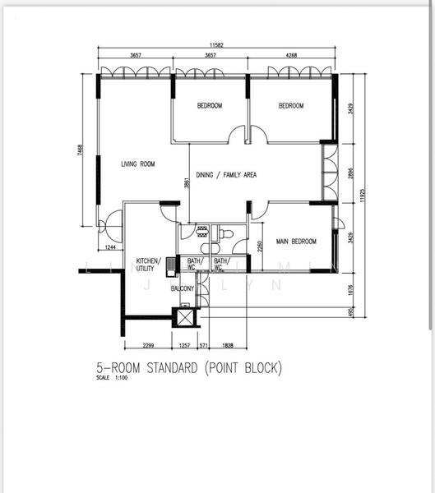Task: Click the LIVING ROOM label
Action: pyautogui.click(x=137, y=164)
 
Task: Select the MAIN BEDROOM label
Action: pyautogui.click(x=296, y=242)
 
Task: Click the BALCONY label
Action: pyautogui.click(x=182, y=288)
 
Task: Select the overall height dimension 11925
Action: pyautogui.click(x=362, y=196)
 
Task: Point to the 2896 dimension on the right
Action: pyautogui.click(x=350, y=177)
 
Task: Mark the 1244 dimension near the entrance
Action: pyautogui.click(x=109, y=247)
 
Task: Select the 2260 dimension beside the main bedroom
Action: pyautogui.click(x=260, y=244)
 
